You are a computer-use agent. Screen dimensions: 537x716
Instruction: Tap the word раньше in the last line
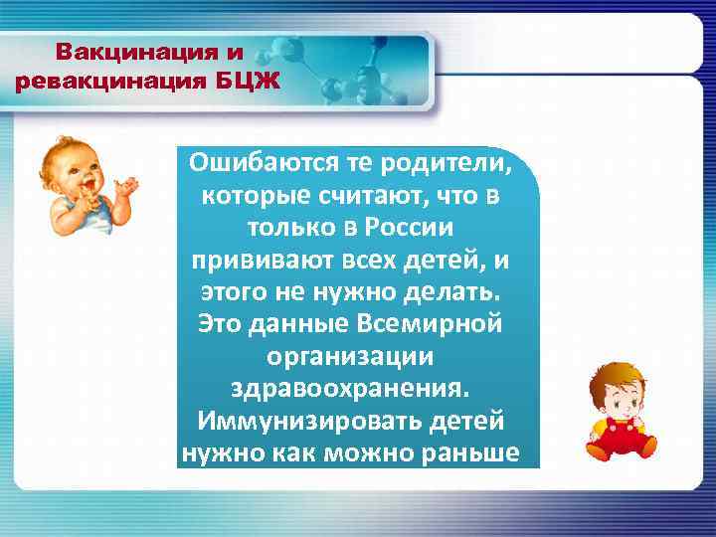[480, 452]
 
